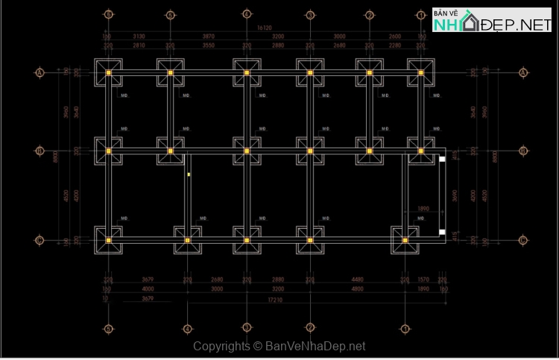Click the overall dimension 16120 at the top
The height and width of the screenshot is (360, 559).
[x=266, y=28]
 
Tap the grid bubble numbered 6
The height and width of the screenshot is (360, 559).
[x=109, y=14]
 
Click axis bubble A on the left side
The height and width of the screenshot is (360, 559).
[x=40, y=72]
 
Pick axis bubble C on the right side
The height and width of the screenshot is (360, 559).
[x=523, y=240]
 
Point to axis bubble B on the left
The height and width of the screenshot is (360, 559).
[x=40, y=151]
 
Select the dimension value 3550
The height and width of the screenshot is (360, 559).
[x=208, y=45]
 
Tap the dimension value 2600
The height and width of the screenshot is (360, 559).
[x=395, y=36]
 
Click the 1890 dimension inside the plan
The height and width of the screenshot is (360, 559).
[x=423, y=209]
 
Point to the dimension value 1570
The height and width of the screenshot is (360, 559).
[x=423, y=280]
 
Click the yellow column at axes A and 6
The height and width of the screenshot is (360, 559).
[x=109, y=72]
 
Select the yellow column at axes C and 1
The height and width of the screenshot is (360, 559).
[x=405, y=240]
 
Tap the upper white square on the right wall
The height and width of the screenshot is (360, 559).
[x=442, y=160]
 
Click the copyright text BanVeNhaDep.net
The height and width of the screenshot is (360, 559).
[x=279, y=347]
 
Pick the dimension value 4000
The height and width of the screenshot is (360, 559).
[x=148, y=288]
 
